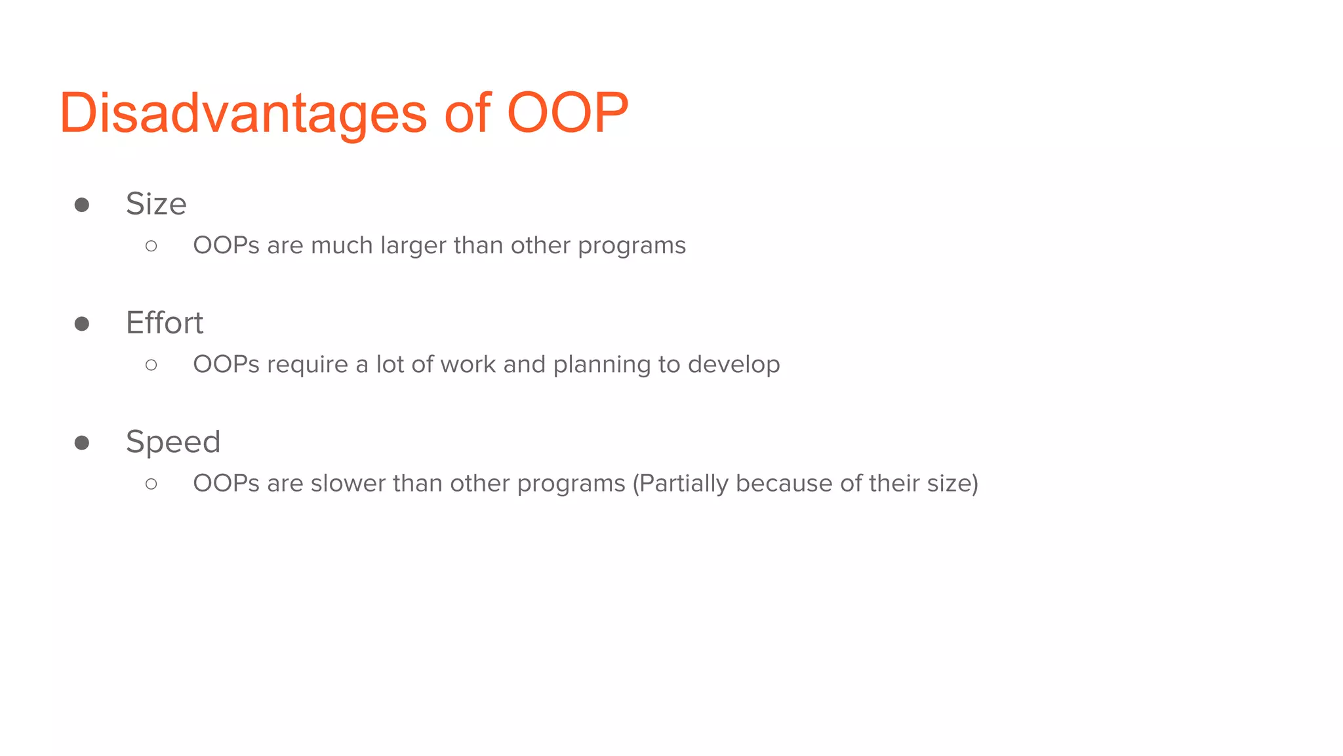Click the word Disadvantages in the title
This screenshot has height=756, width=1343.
tap(243, 113)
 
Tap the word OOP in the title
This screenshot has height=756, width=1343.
tap(567, 113)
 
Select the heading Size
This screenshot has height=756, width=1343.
tap(156, 204)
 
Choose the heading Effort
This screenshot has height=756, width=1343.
tap(165, 323)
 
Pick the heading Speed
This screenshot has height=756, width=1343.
tap(173, 442)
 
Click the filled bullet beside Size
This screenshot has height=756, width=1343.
tap(82, 205)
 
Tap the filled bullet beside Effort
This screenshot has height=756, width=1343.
tap(82, 324)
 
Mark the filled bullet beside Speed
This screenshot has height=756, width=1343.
tap(82, 443)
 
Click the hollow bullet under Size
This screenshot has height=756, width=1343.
tap(151, 246)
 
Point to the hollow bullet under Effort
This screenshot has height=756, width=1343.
tap(151, 365)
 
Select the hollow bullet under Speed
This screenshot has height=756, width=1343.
tap(151, 484)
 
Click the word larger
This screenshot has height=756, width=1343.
tap(413, 246)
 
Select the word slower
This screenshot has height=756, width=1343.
tap(348, 484)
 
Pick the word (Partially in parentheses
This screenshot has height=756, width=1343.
tap(680, 484)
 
